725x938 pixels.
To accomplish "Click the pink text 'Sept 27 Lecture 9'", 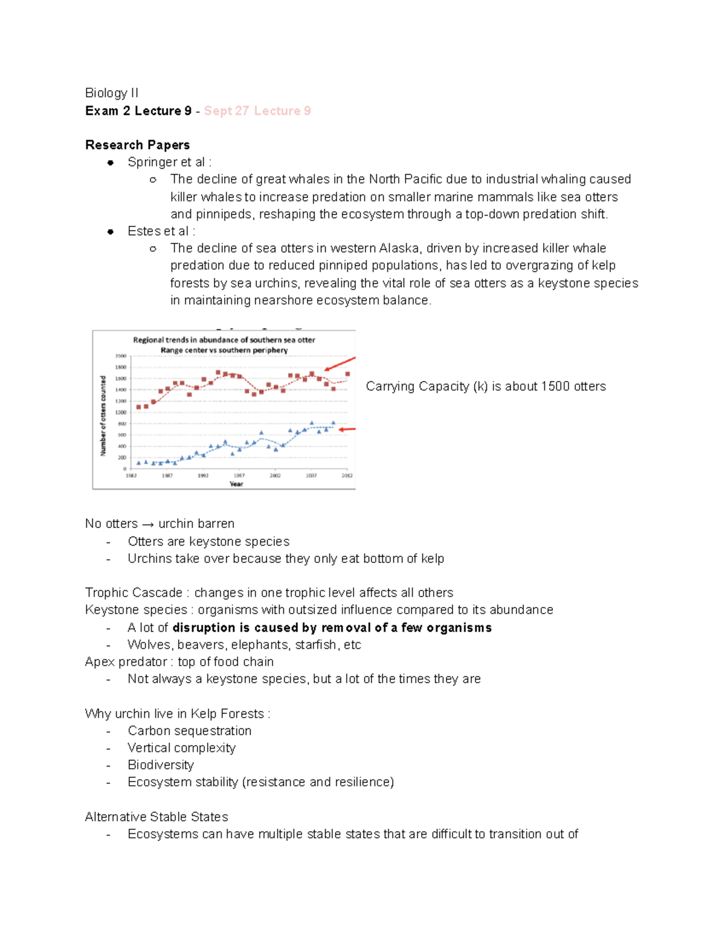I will (257, 111).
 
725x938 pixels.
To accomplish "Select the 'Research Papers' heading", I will (137, 145).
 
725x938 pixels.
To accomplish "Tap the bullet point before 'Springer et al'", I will (111, 162).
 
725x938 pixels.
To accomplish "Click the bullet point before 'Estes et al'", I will (111, 231).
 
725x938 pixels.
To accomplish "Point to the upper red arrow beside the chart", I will (340, 364).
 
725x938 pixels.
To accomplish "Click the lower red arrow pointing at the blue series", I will (347, 429).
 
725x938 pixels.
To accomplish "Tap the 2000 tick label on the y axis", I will (121, 356).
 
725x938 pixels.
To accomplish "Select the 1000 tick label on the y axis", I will (121, 413).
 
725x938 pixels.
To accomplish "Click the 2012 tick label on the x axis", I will (347, 476).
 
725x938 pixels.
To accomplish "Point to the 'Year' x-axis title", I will (236, 484).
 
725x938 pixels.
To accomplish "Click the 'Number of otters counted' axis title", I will (103, 416).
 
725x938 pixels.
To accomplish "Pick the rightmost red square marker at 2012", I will (347, 374).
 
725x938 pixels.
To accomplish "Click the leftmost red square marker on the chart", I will (139, 407).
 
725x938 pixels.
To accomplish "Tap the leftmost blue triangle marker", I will (138, 463).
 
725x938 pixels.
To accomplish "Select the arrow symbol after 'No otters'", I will (148, 524).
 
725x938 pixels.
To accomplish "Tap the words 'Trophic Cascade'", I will (134, 593).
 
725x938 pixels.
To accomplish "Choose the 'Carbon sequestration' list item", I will (189, 731).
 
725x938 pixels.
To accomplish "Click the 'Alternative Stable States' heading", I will (156, 817).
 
